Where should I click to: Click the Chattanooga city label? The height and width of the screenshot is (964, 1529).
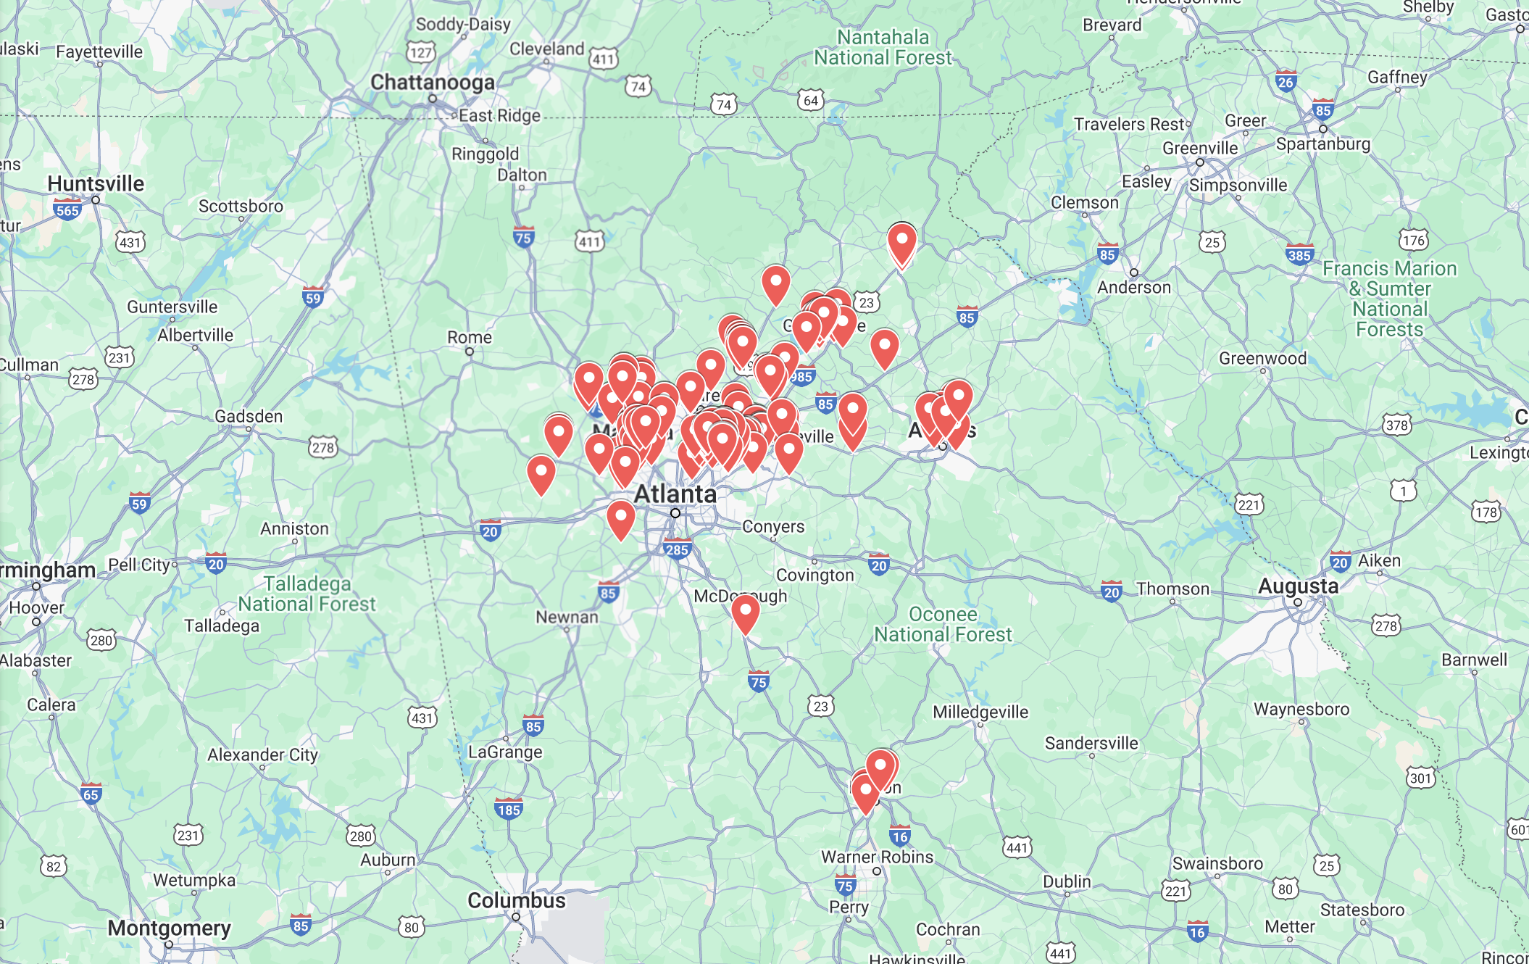[x=433, y=83]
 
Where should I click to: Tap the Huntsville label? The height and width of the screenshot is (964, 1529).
[x=96, y=183]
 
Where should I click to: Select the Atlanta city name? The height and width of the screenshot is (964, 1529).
[x=675, y=494]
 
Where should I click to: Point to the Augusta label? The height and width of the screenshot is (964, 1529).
[x=1298, y=586]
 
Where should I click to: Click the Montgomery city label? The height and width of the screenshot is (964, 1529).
[x=169, y=928]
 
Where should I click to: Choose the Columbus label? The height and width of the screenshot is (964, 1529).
[x=516, y=900]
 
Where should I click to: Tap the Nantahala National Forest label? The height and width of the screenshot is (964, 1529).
[x=883, y=47]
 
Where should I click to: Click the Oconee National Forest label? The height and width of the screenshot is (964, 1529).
[x=943, y=624]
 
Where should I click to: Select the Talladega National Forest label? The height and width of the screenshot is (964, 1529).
[x=307, y=594]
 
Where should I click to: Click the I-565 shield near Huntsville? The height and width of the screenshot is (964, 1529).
[x=67, y=210]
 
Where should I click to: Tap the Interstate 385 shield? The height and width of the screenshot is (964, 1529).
[x=1299, y=254]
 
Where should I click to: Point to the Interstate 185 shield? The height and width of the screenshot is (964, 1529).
[x=508, y=809]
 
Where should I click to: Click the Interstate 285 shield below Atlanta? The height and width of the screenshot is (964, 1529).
[x=676, y=549]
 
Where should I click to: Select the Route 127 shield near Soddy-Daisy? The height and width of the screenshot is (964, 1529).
[x=420, y=52]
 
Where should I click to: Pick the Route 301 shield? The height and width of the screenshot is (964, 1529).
[x=1420, y=778]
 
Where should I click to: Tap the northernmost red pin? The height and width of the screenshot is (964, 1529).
[x=901, y=243]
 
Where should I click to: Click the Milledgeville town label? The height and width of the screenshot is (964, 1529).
[x=980, y=712]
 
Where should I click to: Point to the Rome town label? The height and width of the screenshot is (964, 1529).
[x=469, y=337]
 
